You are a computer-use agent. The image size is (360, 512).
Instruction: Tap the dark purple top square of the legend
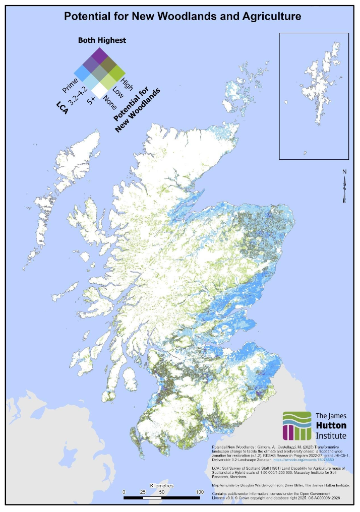[99, 54]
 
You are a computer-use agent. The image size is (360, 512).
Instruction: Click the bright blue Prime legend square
[82, 72]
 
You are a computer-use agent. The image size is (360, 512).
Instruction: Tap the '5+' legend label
[91, 101]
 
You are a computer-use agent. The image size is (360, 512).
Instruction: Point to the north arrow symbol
[344, 187]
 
